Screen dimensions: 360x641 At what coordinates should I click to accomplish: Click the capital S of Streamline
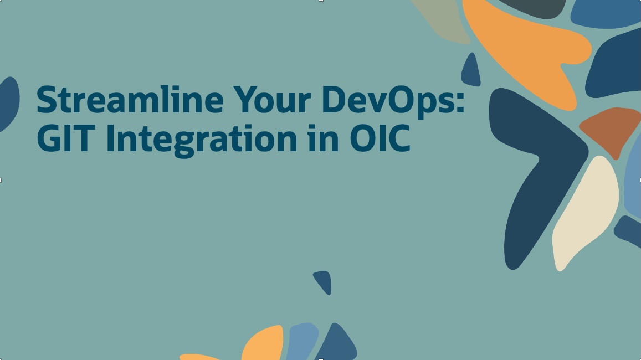(x=47, y=100)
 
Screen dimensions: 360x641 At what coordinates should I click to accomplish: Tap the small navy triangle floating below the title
(x=324, y=281)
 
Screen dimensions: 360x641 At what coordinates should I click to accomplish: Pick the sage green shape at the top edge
(x=446, y=19)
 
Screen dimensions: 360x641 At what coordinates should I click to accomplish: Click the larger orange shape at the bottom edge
(x=263, y=343)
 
